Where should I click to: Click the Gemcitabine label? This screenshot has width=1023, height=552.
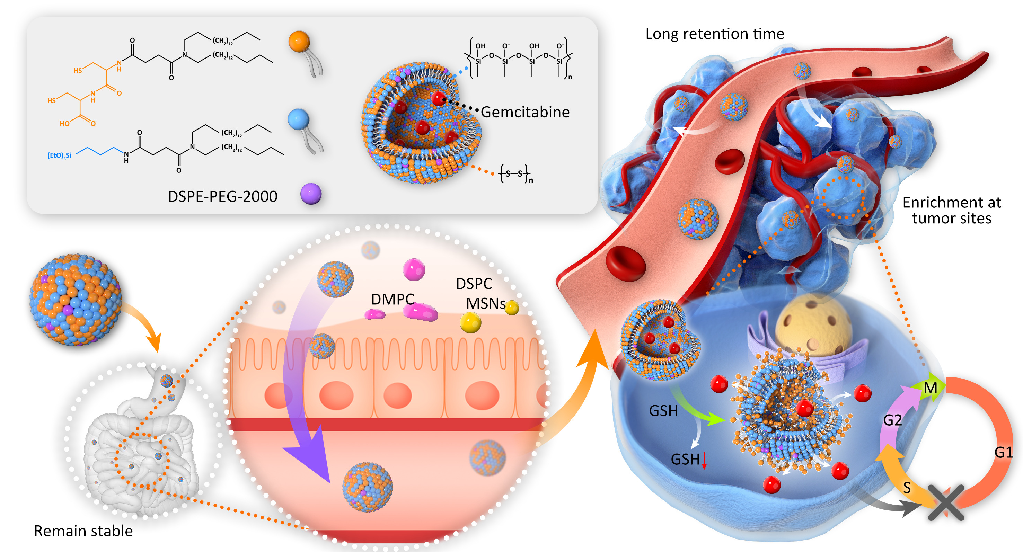[525, 113]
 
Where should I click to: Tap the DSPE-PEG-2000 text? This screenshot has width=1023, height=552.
[222, 197]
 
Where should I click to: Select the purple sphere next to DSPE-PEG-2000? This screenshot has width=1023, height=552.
[310, 194]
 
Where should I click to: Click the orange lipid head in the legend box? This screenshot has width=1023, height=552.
[299, 42]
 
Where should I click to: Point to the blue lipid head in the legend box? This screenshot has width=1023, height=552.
[298, 119]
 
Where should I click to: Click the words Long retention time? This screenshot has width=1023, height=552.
[714, 34]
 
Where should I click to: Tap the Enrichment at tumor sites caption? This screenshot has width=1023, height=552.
[952, 211]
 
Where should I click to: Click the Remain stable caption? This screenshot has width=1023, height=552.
[83, 531]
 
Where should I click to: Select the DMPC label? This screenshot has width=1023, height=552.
[393, 300]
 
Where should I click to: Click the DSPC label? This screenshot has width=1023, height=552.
[474, 284]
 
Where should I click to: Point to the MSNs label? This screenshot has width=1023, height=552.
[485, 304]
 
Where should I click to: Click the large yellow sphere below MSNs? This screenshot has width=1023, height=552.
[470, 322]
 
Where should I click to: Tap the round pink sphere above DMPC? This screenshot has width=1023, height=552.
[414, 270]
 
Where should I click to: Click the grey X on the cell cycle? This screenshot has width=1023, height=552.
[946, 502]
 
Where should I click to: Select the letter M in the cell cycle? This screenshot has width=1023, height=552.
[930, 388]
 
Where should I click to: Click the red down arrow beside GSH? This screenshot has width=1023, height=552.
[704, 460]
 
